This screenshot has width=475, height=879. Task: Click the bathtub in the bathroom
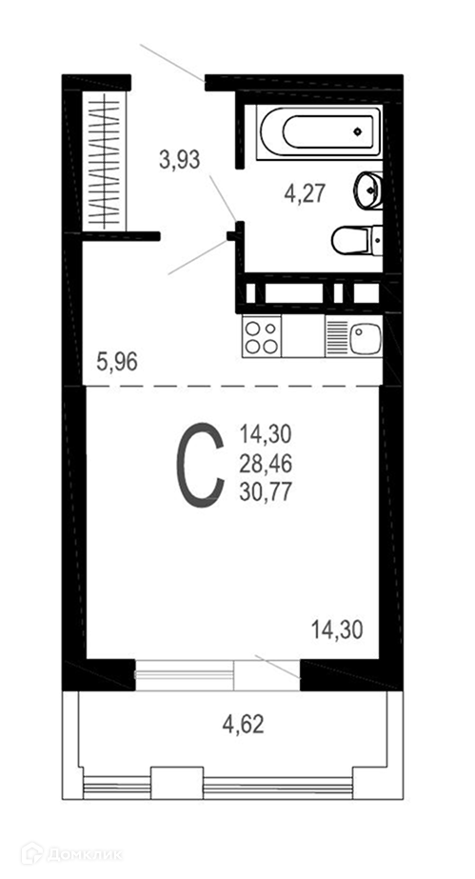tap(319, 132)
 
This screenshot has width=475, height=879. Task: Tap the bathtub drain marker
tap(357, 132)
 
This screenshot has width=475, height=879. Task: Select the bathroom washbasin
tap(369, 190)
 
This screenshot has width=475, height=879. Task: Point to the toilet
tap(357, 240)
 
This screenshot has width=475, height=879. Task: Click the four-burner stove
tap(262, 336)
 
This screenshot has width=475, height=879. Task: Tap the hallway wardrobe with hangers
tap(106, 161)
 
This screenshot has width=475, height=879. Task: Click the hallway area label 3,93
tap(179, 161)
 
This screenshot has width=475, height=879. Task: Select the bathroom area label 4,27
tap(306, 194)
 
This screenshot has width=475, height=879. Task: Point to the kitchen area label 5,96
tap(117, 362)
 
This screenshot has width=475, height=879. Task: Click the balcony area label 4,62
tap(243, 725)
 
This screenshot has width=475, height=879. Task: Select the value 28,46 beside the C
tap(267, 464)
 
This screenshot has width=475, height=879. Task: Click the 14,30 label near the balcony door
tap(337, 630)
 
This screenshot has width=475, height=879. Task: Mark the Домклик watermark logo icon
tap(32, 854)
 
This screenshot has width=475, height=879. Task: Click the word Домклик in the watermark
tap(85, 855)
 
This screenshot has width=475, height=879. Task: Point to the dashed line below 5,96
tap(232, 386)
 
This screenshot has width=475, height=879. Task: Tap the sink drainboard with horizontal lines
tap(337, 336)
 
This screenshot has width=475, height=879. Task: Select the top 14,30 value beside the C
tap(267, 434)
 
